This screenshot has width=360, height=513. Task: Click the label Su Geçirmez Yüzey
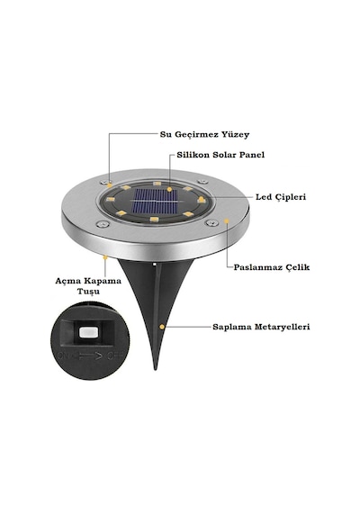(x=204, y=134)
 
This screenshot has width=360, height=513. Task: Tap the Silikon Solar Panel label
(x=220, y=155)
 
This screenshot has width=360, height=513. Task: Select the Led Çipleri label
(x=281, y=197)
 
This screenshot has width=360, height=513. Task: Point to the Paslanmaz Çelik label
(x=271, y=267)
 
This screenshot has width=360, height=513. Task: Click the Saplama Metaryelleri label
(x=261, y=327)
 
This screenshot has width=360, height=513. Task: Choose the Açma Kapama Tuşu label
(x=88, y=286)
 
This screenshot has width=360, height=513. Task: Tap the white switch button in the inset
(x=89, y=332)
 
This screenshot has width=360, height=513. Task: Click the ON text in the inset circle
(x=64, y=355)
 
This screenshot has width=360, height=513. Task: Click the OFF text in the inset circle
(x=115, y=355)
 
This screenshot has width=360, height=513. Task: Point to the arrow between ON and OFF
(x=89, y=355)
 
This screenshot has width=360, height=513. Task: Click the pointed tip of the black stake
(x=156, y=369)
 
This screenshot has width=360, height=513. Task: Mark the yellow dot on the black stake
(x=162, y=327)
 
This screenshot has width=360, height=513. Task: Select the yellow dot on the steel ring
(x=227, y=221)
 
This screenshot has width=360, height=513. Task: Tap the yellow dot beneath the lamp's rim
(x=105, y=257)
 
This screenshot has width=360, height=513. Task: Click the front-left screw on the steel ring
(x=103, y=224)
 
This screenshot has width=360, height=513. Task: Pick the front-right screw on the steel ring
(x=211, y=223)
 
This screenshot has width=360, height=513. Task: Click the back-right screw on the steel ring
(x=202, y=182)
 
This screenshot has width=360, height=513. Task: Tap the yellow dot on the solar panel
(x=169, y=189)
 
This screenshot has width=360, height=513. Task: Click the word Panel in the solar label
(x=252, y=155)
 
